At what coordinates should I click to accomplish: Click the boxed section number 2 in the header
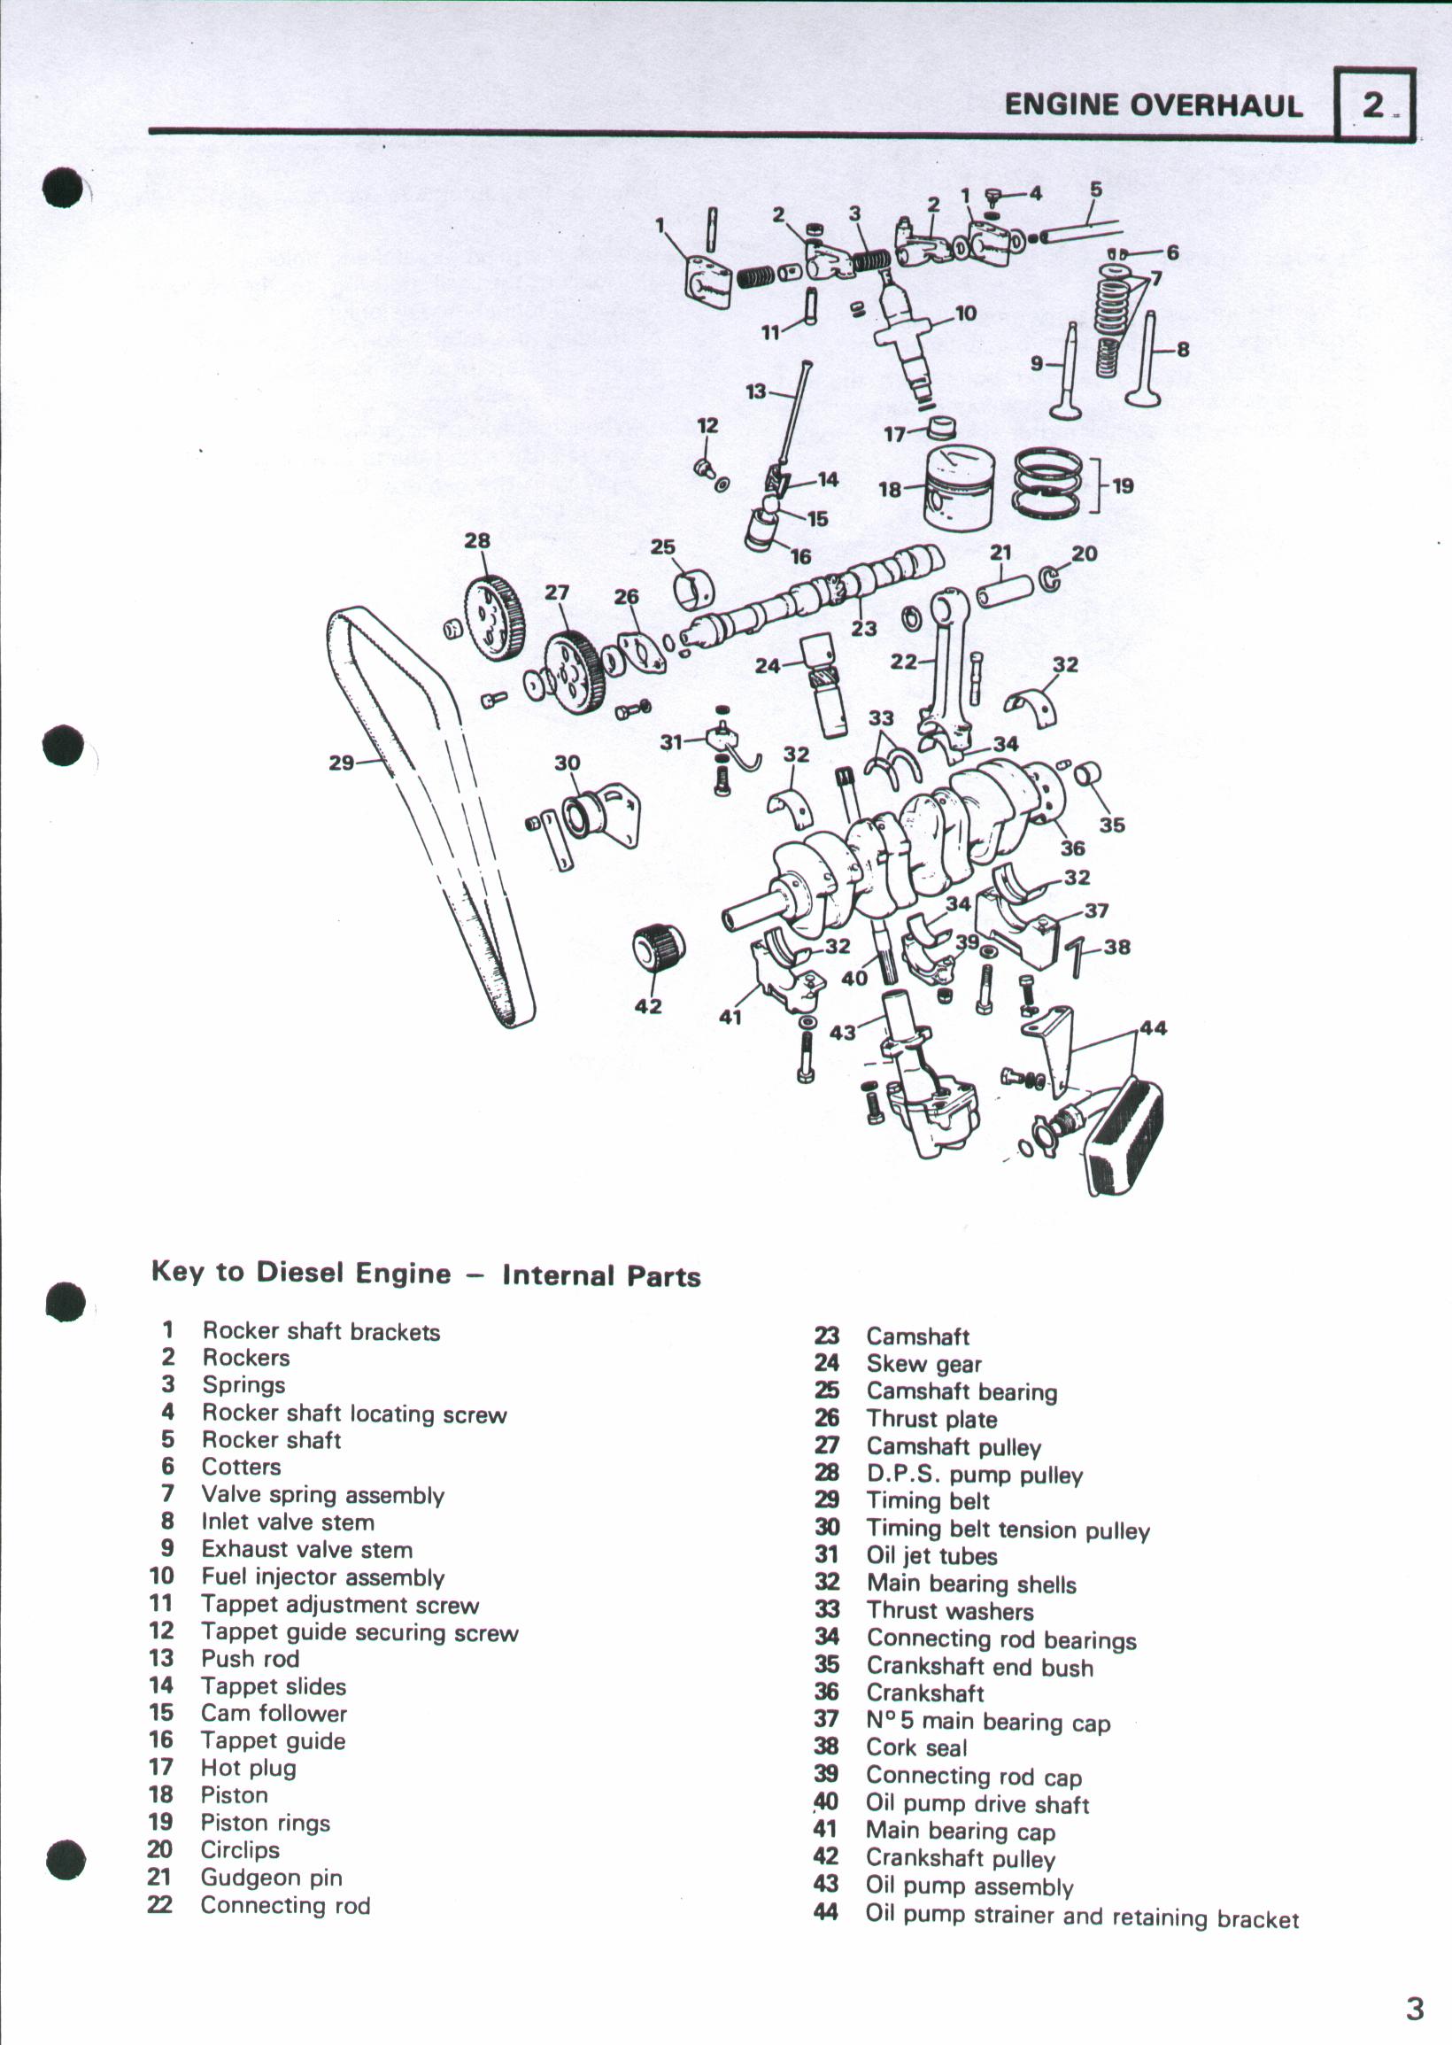pyautogui.click(x=1373, y=105)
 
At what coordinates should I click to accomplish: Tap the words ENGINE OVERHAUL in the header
pyautogui.click(x=1153, y=105)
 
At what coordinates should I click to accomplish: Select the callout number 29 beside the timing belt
pyautogui.click(x=342, y=763)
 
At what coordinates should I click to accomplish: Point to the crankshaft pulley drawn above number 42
pyautogui.click(x=659, y=949)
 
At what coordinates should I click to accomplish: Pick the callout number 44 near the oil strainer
pyautogui.click(x=1153, y=1029)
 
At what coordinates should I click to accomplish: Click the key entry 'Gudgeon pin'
pyautogui.click(x=271, y=1878)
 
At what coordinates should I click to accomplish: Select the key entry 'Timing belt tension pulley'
pyautogui.click(x=1008, y=1530)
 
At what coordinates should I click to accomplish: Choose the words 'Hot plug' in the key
pyautogui.click(x=248, y=1768)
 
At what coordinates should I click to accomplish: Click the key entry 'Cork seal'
pyautogui.click(x=916, y=1747)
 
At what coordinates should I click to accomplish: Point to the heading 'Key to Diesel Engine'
pyautogui.click(x=300, y=1273)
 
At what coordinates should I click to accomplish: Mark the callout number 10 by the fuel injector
pyautogui.click(x=966, y=314)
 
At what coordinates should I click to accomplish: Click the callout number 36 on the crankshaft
pyautogui.click(x=1072, y=848)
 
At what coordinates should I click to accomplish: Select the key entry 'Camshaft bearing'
pyautogui.click(x=962, y=1392)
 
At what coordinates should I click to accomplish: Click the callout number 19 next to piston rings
pyautogui.click(x=1123, y=485)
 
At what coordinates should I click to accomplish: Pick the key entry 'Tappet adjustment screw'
pyautogui.click(x=340, y=1605)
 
